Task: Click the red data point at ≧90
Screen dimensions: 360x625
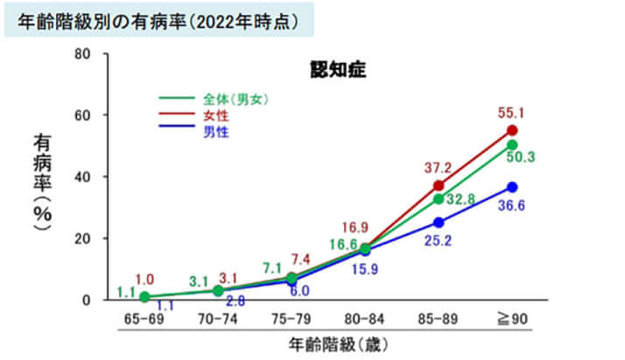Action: pyautogui.click(x=512, y=131)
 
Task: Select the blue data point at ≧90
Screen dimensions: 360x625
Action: pyautogui.click(x=512, y=187)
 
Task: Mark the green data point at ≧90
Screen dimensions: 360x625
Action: pyautogui.click(x=512, y=145)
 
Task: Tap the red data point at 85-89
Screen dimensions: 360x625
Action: pyautogui.click(x=439, y=186)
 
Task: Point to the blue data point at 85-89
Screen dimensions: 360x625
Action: pyautogui.click(x=439, y=222)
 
